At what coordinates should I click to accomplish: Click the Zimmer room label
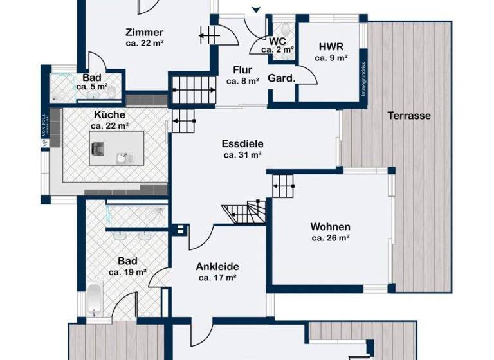coord(145,33)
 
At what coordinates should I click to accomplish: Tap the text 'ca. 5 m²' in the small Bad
coord(91,86)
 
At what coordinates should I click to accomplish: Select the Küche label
coord(109,115)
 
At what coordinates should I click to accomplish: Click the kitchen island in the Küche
coord(115,148)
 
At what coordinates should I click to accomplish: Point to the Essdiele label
coord(242,144)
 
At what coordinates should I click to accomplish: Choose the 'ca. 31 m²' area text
coord(242,155)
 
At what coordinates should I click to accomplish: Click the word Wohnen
coord(330,227)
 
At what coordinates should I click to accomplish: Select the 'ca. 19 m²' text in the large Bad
coord(127,273)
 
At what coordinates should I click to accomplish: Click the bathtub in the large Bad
coord(95,299)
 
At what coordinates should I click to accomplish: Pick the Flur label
coord(242,71)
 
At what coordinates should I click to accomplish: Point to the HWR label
coord(331,47)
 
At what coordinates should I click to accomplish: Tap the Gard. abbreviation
coord(281,79)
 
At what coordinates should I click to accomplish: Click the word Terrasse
coord(409,116)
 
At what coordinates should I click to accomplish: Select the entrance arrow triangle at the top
coord(257,10)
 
